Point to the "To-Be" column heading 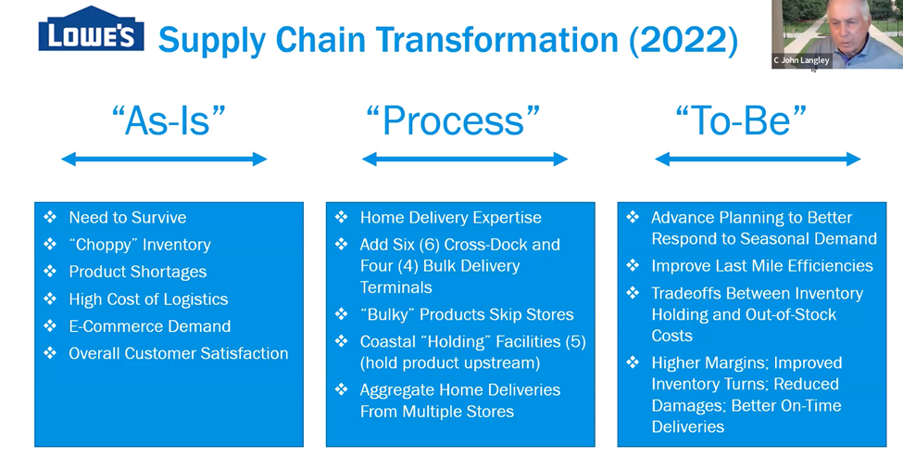point(741,121)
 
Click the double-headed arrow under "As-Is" point(164,159)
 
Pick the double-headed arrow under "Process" point(465,159)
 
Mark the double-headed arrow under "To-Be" point(758,159)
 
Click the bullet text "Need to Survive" point(127,218)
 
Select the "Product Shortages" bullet point(137,272)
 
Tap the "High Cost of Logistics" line point(148,299)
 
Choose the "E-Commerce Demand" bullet point(149,326)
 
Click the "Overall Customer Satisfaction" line point(178,353)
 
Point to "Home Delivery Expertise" point(450,218)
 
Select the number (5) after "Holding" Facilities point(575,341)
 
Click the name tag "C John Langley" point(802,60)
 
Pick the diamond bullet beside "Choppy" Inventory point(50,245)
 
